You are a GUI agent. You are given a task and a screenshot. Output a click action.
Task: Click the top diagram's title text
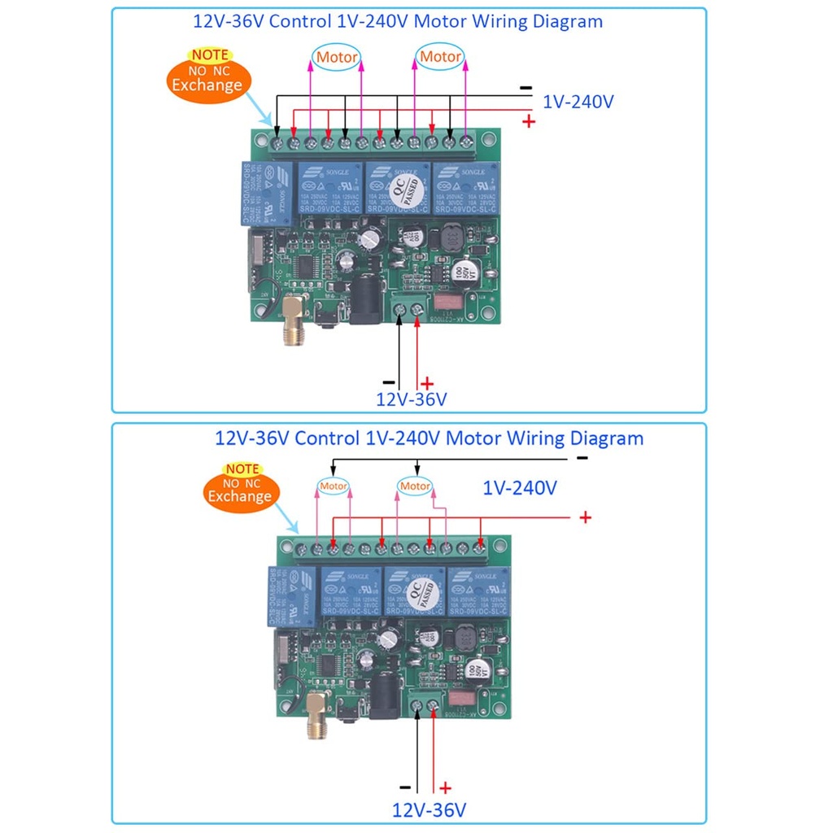(398, 21)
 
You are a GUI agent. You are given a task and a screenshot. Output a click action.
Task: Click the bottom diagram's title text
(429, 438)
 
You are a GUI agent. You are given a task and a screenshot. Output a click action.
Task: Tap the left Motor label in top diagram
(336, 57)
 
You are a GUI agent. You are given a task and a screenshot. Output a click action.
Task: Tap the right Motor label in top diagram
(439, 57)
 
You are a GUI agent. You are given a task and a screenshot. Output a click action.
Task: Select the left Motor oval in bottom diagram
(333, 486)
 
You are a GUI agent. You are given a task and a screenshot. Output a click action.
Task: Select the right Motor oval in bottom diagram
(415, 486)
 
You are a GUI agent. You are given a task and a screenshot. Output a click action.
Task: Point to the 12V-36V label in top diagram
(411, 400)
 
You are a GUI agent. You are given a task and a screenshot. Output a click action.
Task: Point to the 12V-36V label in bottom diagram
(429, 810)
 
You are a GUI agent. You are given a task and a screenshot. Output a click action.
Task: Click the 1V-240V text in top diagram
(578, 102)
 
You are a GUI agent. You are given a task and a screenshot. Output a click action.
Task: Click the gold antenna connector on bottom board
(315, 726)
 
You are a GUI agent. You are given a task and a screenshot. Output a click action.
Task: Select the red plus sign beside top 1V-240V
(529, 121)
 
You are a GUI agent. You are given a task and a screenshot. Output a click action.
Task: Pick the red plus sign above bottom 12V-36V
(445, 787)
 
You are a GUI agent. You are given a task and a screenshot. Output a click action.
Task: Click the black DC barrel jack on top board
(363, 303)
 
